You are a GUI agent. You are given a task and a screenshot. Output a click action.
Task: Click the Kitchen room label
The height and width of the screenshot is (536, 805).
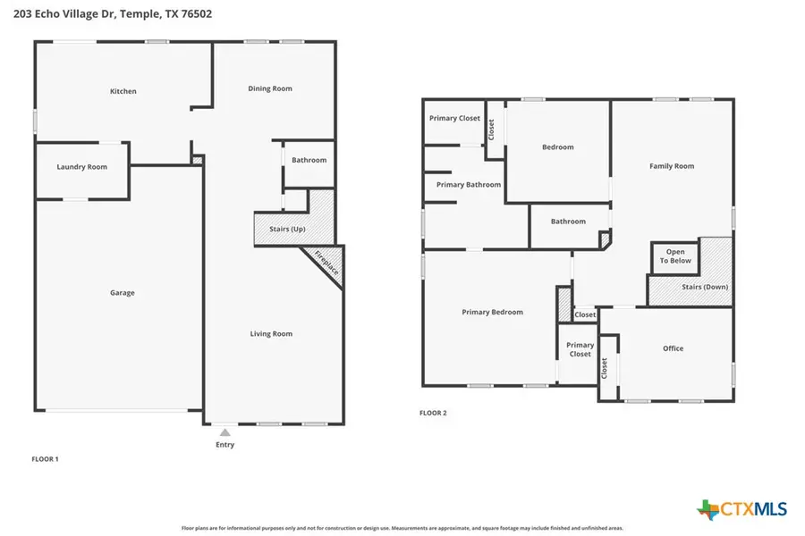tap(123, 91)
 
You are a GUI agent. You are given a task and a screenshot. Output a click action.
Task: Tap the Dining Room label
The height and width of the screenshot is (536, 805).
tap(270, 88)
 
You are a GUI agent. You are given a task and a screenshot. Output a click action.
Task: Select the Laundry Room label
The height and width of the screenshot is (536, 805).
tap(81, 167)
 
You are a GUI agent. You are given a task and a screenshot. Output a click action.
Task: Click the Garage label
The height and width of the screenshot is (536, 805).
tap(123, 293)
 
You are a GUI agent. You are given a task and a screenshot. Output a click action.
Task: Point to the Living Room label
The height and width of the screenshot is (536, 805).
tap(271, 334)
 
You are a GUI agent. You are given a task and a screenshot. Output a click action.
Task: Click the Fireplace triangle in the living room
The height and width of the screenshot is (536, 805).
tap(326, 264)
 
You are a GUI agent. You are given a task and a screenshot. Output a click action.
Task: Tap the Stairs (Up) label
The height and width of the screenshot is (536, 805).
tap(287, 230)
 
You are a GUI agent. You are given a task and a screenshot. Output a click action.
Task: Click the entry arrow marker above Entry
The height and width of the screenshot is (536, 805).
tap(225, 432)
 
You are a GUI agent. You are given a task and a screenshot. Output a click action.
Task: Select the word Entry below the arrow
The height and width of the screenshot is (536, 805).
tap(225, 445)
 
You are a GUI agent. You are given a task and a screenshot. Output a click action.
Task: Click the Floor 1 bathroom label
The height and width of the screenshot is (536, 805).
tap(309, 160)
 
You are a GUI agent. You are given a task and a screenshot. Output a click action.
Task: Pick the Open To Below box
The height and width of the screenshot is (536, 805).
tap(675, 257)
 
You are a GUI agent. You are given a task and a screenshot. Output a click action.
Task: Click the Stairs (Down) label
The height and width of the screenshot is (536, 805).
tap(705, 287)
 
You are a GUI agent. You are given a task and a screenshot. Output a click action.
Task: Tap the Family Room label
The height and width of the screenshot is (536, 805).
tap(672, 166)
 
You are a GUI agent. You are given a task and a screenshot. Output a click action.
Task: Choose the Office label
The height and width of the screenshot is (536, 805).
tap(673, 348)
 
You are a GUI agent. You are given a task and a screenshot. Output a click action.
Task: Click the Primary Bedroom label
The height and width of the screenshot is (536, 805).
tap(492, 313)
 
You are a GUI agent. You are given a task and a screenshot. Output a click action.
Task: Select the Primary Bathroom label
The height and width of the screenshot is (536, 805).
tap(469, 185)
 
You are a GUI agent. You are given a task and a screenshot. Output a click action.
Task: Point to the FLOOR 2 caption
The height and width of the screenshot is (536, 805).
tap(433, 414)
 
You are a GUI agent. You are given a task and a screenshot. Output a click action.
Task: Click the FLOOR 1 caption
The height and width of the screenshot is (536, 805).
tap(45, 459)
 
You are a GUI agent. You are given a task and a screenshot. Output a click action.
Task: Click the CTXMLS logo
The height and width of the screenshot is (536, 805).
tap(742, 509)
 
